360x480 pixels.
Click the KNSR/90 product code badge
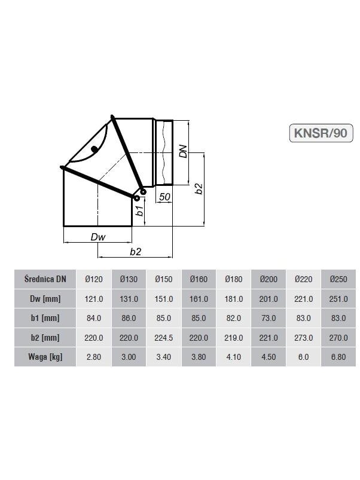tap(321, 133)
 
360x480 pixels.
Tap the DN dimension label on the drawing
tap(183, 151)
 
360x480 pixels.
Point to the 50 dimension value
tap(164, 197)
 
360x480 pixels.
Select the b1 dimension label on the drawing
tap(139, 211)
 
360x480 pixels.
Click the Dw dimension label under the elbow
tap(98, 237)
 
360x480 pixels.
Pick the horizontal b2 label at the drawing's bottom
tap(136, 251)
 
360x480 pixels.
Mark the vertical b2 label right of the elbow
tap(199, 188)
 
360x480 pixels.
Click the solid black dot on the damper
tap(94, 149)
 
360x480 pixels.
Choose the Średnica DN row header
tap(45, 279)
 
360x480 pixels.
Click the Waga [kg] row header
tap(45, 357)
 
